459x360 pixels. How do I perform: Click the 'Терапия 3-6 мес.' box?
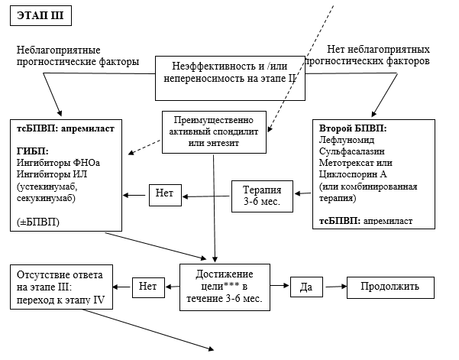(262, 196)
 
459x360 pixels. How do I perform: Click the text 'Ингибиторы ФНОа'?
(58, 162)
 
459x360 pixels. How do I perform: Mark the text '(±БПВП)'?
(34, 221)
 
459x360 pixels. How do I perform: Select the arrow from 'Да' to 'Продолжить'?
(335, 287)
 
